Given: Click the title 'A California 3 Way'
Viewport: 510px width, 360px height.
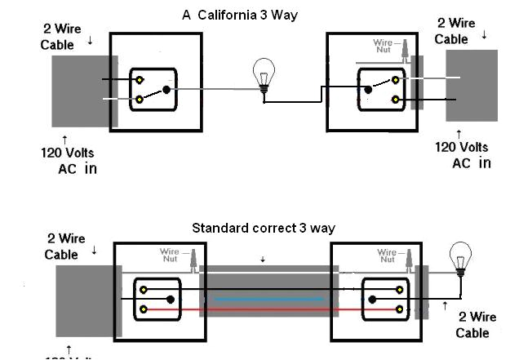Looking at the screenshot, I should tap(240, 16).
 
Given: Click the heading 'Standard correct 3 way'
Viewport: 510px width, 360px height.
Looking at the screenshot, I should tap(263, 228).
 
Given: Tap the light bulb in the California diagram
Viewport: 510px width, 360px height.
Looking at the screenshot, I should tap(263, 76).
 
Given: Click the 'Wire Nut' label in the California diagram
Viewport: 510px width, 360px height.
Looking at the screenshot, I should tap(383, 46).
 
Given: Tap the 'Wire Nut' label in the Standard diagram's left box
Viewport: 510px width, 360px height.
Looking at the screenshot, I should tap(169, 256).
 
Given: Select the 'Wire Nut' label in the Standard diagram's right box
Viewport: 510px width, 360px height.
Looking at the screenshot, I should tap(388, 256).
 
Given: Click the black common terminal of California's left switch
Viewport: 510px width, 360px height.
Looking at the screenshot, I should tap(166, 90).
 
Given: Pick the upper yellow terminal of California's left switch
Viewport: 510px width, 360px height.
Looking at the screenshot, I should tap(141, 80).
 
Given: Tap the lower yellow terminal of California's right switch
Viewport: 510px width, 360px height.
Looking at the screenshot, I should tap(396, 100).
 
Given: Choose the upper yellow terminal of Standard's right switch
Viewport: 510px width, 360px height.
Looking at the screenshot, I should tap(399, 290).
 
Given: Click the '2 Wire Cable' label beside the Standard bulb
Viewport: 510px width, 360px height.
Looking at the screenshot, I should tap(472, 324).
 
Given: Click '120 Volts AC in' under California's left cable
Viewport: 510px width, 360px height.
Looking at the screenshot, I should tap(70, 160).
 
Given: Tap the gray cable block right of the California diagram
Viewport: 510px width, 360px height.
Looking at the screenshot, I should tap(471, 86).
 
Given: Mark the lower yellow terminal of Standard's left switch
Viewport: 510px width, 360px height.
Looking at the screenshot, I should tap(144, 309).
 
